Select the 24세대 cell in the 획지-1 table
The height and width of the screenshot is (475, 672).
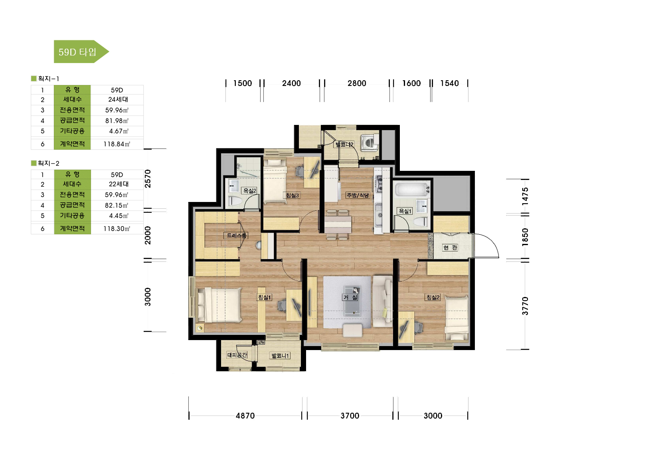click(x=118, y=100)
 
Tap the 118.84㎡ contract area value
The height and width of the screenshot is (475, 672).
click(x=117, y=144)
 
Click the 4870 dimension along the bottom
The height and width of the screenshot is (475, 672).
click(x=245, y=416)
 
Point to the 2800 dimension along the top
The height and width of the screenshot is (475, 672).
click(x=357, y=83)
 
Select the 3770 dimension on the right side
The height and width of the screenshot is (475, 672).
click(x=525, y=306)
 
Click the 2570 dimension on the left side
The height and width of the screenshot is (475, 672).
click(x=148, y=178)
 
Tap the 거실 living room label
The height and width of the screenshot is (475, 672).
click(x=350, y=297)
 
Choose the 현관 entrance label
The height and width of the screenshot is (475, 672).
click(x=450, y=247)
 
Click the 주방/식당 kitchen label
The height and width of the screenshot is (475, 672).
click(x=358, y=195)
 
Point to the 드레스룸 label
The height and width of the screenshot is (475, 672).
click(x=236, y=236)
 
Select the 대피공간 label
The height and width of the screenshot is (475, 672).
click(x=237, y=355)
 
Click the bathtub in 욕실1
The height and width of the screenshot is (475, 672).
click(x=412, y=190)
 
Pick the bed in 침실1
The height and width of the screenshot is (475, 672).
click(x=219, y=305)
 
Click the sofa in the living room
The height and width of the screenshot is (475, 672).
click(x=383, y=301)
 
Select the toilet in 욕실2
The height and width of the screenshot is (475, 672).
click(x=235, y=201)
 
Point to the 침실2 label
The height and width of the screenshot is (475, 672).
click(x=433, y=297)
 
